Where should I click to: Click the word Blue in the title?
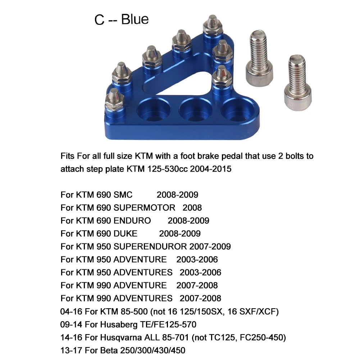pos(135,19)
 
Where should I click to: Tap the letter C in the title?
pos(99,20)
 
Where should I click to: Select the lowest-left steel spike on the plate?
pos(114,99)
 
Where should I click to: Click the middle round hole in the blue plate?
pos(195,110)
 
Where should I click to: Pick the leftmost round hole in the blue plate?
pos(154,110)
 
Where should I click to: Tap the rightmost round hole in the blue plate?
pos(237,110)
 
